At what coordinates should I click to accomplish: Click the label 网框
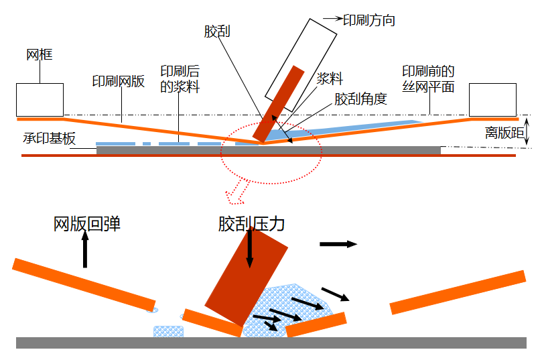coord(40,55)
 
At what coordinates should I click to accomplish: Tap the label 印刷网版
coord(118,82)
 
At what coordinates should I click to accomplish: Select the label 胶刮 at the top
coord(218,31)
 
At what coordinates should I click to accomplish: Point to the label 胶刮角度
coord(361,99)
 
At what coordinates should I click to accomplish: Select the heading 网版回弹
coord(87,224)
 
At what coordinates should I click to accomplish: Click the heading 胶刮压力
coord(252,223)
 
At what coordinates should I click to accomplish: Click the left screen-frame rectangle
coord(40,99)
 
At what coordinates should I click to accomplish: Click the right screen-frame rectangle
coord(492,99)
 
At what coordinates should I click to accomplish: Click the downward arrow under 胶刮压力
coord(250,248)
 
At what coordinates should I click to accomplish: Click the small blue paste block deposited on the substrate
coord(168,331)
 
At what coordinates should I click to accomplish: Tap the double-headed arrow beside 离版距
coord(528,132)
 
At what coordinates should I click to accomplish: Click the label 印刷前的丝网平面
coord(429,78)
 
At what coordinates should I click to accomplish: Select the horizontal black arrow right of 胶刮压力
coord(338,244)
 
